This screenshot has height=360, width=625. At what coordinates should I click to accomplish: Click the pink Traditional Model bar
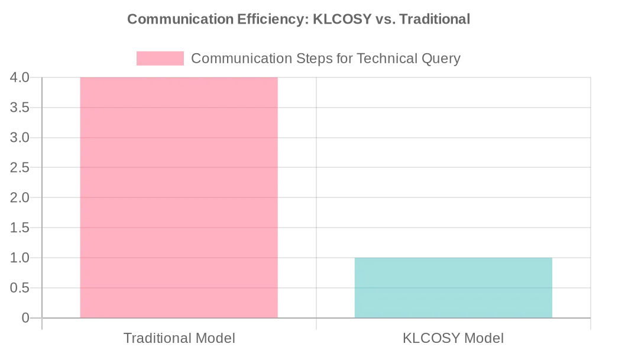click(179, 197)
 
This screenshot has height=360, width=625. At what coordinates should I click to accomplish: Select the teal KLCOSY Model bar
click(453, 288)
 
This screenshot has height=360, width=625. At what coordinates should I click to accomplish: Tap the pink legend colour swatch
click(160, 59)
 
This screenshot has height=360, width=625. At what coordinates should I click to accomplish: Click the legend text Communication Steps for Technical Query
click(325, 59)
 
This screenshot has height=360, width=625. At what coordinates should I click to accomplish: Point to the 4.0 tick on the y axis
click(20, 77)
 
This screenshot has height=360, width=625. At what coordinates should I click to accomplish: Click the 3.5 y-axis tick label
click(20, 108)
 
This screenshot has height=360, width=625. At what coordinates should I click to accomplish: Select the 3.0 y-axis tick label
click(20, 138)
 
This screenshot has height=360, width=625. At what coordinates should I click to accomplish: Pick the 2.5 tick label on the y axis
click(20, 168)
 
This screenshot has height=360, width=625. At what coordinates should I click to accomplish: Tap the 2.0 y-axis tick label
click(20, 197)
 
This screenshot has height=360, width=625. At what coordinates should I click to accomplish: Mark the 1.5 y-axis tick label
click(20, 228)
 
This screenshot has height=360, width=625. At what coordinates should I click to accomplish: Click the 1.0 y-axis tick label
click(20, 258)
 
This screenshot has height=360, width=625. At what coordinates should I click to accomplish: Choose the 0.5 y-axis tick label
click(20, 288)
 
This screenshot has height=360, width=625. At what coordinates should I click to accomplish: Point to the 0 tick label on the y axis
click(25, 318)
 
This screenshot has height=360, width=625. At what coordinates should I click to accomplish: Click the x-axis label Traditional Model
click(179, 339)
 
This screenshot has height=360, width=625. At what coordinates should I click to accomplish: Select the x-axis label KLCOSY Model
click(453, 339)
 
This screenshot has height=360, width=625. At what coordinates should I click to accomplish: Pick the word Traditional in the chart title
click(435, 20)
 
